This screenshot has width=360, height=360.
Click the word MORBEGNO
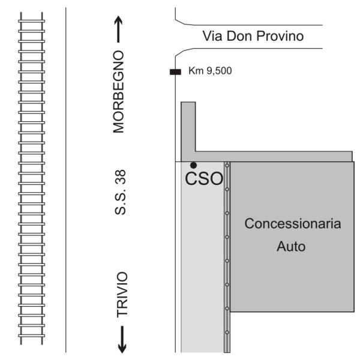point(118,92)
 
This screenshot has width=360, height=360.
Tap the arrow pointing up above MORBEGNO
point(118,29)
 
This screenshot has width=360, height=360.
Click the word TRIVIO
point(122,295)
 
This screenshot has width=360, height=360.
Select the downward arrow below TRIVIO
point(122,340)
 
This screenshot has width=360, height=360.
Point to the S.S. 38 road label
point(121,192)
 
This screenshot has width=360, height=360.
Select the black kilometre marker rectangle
point(175,72)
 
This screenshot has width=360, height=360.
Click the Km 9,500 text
point(210,71)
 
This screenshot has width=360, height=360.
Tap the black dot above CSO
point(194,165)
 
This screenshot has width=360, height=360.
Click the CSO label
point(204,179)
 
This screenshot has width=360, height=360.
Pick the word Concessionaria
point(293,224)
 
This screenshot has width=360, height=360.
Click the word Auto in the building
point(291,247)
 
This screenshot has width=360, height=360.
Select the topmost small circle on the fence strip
point(227,166)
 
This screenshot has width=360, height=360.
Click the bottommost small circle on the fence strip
point(227,332)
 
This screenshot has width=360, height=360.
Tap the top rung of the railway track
point(31,21)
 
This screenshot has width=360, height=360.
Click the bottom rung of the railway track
point(31,335)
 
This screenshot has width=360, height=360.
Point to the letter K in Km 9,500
point(191,71)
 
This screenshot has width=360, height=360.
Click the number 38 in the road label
point(121,177)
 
